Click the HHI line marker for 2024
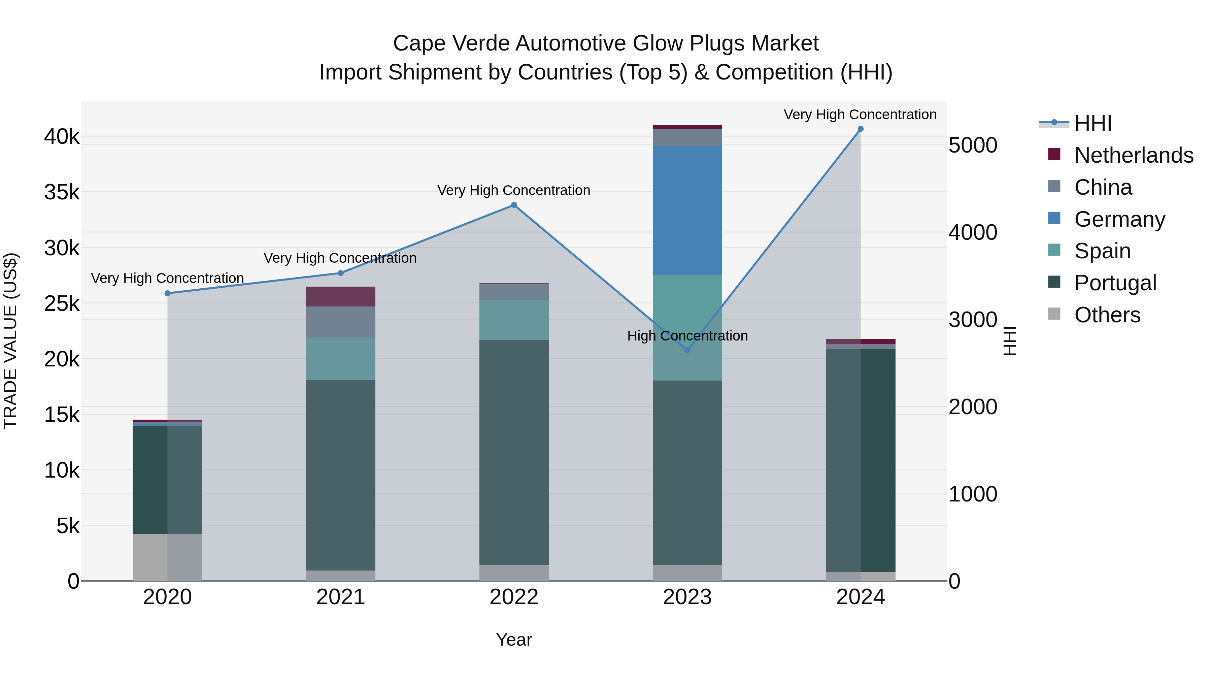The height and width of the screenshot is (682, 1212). coord(861,129)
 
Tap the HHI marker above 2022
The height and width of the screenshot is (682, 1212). coord(514,205)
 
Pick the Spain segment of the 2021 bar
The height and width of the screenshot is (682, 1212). coord(341,359)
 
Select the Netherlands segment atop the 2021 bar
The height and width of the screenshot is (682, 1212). coord(341,296)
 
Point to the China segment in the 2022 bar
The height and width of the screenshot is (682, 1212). coord(514,292)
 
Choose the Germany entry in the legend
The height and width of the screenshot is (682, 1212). coord(1119,219)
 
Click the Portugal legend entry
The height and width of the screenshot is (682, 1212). coord(1115,283)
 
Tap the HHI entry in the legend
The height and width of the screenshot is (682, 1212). coord(1092,123)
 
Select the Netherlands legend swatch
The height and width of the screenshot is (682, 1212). coord(1054,154)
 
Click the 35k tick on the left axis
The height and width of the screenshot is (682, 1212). coord(62,193)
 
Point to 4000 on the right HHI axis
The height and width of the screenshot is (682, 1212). coord(973,232)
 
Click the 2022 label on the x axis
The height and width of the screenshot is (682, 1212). coord(514,597)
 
